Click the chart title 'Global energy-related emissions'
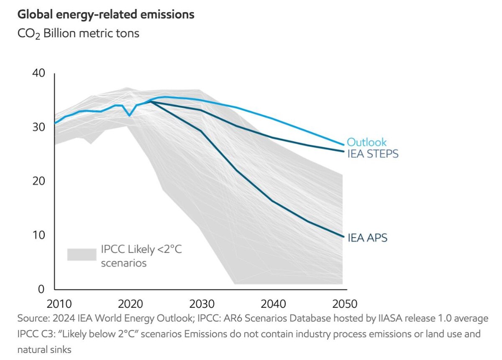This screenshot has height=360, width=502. [x=105, y=15]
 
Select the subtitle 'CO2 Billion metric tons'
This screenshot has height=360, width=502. [x=78, y=33]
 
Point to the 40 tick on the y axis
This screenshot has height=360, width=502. [x=38, y=73]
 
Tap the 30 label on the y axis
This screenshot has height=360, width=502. [x=38, y=127]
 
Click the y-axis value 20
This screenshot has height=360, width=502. [x=38, y=181]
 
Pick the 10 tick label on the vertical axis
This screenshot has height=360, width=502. [x=38, y=235]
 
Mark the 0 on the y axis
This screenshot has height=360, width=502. [x=41, y=289]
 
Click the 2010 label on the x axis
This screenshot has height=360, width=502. [x=55, y=303]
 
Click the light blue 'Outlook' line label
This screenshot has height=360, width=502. [x=367, y=142]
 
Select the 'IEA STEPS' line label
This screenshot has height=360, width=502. [x=373, y=154]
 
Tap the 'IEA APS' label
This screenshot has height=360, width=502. [x=367, y=238]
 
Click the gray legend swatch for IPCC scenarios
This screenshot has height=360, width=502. [x=82, y=255]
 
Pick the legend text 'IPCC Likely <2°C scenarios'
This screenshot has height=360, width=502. [x=141, y=256]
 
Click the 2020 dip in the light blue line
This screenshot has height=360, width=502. [x=130, y=116]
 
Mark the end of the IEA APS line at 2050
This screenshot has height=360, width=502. [x=343, y=237]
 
